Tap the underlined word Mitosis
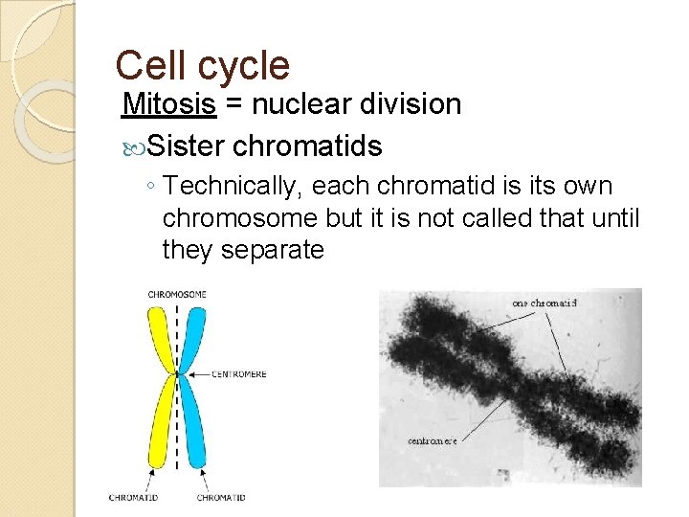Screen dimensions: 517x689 click(x=169, y=104)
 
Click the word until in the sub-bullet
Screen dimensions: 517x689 click(x=613, y=218)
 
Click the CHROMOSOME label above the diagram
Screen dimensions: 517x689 click(x=177, y=294)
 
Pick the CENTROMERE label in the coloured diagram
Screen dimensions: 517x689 click(x=240, y=374)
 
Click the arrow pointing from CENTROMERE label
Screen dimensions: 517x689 click(x=202, y=374)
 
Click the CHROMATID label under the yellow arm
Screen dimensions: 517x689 click(x=134, y=498)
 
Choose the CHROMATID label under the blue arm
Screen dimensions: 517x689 click(x=221, y=498)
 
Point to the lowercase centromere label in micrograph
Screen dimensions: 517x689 click(x=433, y=440)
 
